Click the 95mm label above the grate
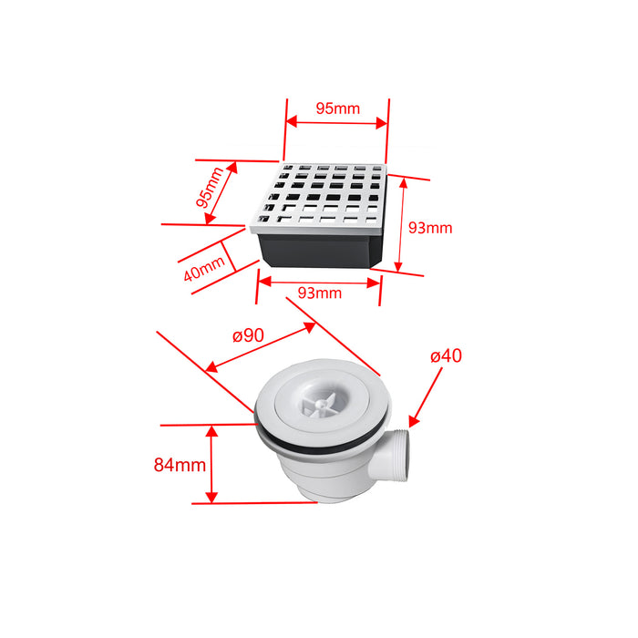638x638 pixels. [x=337, y=108]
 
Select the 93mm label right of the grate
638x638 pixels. [x=430, y=228]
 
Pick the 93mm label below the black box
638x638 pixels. [x=320, y=293]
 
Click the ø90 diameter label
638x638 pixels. [x=247, y=335]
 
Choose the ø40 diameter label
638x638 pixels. [x=446, y=355]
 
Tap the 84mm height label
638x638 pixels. [x=179, y=465]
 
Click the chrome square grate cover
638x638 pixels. [x=321, y=194]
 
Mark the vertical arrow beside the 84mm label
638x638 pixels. [x=211, y=464]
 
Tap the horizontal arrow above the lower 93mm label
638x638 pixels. [x=319, y=281]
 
